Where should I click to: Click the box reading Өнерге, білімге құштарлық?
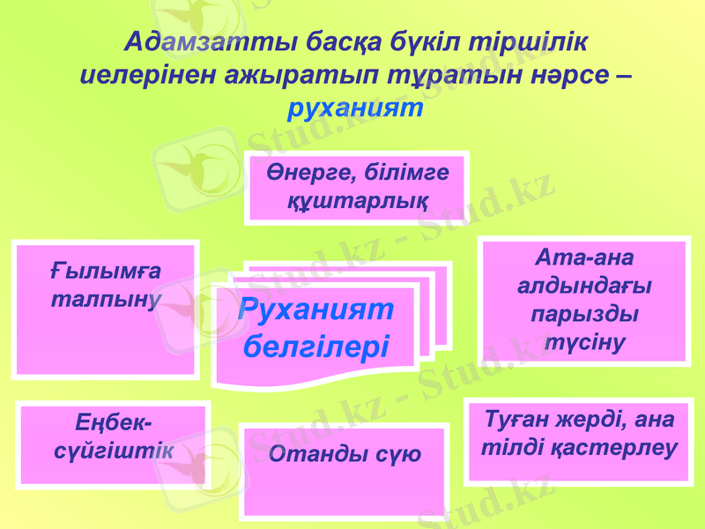pos(358,186)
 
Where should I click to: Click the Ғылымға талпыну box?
pos(106,309)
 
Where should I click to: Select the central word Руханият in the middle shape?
pos(315,309)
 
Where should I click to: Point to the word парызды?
pos(583,314)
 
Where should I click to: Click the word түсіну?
pos(583,342)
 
